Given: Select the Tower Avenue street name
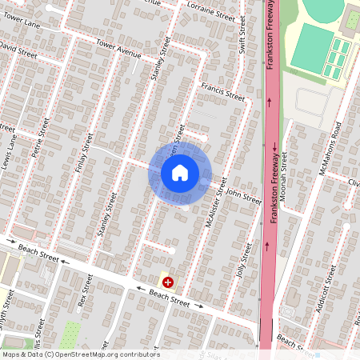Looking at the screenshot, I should (118, 50).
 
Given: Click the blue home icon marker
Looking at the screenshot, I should (180, 172).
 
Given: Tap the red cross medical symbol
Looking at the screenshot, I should (169, 282).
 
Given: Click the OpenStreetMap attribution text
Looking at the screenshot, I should (80, 354).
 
